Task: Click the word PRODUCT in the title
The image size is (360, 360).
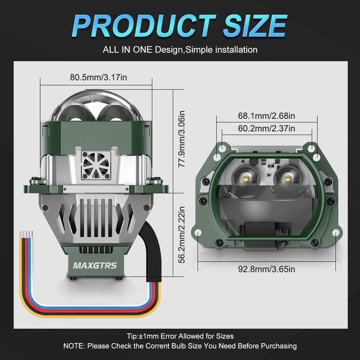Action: (x=144, y=26)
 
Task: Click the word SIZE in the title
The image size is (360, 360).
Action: (x=255, y=26)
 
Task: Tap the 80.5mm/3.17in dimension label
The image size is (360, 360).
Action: (x=98, y=77)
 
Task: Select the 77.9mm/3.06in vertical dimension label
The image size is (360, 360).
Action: (x=182, y=139)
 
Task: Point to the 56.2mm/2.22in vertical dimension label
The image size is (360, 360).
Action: (x=182, y=235)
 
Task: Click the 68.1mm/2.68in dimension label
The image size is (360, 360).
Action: (x=266, y=116)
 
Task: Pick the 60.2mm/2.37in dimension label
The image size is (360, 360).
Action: (x=266, y=129)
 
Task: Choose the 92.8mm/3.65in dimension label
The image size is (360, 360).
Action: (x=266, y=269)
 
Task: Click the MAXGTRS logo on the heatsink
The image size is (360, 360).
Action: (x=95, y=266)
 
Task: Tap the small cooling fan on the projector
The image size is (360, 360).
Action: (x=96, y=165)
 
